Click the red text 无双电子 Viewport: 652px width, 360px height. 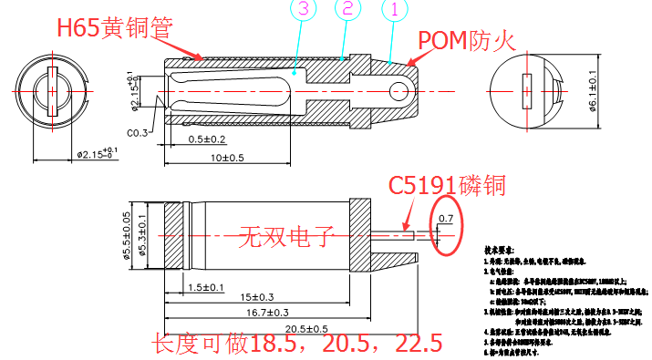coord(287,239)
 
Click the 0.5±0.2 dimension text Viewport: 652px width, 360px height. coord(207,139)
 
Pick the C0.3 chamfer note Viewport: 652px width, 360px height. coord(138,133)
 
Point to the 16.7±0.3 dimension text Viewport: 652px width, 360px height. coord(268,313)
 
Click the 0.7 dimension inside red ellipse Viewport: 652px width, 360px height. coord(446,219)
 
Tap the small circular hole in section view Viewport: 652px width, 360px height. coord(398,90)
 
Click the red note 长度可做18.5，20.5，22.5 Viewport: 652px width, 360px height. coord(297,345)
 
